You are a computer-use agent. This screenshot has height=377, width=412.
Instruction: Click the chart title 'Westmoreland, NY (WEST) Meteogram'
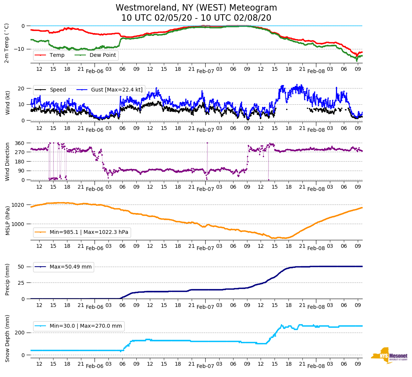[196, 8]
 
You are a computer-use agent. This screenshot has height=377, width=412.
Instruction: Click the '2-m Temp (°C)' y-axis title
[7, 43]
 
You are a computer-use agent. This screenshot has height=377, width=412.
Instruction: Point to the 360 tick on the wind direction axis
[20, 143]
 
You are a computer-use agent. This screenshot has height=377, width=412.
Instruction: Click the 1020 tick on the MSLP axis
[18, 205]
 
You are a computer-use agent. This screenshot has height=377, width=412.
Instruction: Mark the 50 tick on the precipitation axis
[21, 267]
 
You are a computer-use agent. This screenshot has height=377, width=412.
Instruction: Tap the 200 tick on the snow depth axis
[20, 333]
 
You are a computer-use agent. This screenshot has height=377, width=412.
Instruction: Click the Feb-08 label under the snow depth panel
[316, 366]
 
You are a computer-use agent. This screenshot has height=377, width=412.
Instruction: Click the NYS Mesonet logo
[389, 356]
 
